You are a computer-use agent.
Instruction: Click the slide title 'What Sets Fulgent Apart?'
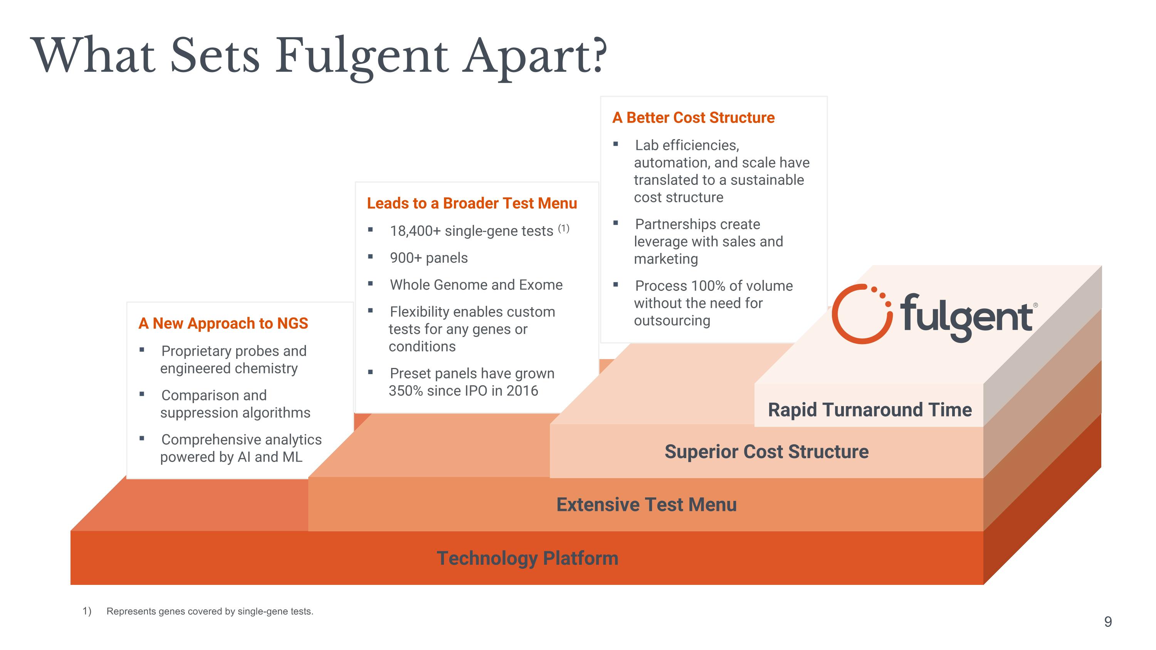point(319,57)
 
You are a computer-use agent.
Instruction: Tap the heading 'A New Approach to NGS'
point(223,323)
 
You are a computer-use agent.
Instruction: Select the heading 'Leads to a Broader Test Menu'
point(472,203)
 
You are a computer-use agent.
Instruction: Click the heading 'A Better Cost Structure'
point(693,118)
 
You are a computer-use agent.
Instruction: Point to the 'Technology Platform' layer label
point(527,558)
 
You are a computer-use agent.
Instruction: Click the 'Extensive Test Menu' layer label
point(647,505)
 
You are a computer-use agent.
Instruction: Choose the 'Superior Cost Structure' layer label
point(766,452)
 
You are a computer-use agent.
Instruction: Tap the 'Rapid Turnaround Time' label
point(870,410)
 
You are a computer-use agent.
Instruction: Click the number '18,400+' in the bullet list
point(415,231)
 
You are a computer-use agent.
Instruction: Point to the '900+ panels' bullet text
point(428,258)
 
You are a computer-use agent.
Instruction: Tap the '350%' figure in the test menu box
point(406,391)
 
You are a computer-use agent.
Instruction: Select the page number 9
point(1108,622)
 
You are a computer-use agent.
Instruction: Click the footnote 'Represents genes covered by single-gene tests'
point(210,611)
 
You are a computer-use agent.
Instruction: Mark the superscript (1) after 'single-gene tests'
point(564,228)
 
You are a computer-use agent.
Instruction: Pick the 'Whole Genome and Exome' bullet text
point(476,285)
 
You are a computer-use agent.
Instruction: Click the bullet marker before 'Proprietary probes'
point(142,350)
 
